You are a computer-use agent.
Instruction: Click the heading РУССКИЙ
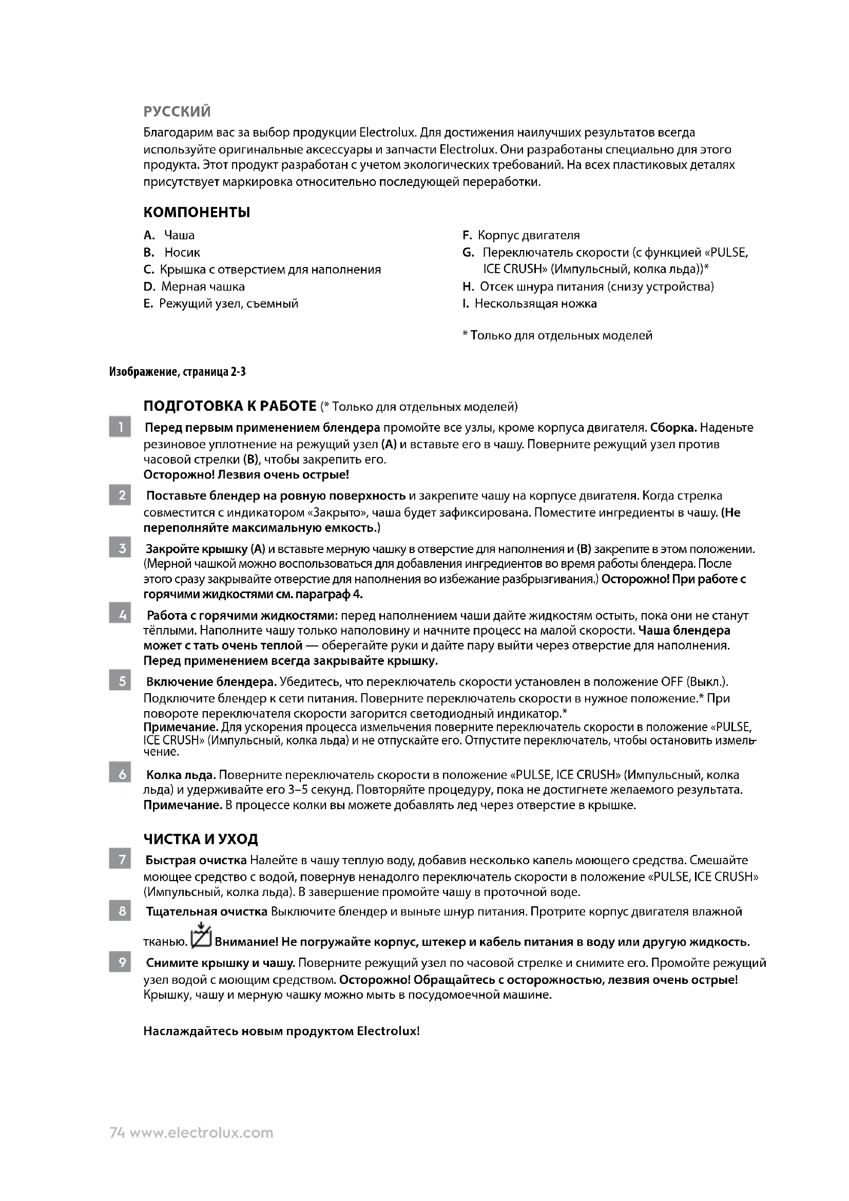(177, 111)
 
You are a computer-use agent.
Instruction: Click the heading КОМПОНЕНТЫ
(197, 213)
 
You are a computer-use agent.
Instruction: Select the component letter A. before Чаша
(149, 235)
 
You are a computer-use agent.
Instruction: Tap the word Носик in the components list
(182, 253)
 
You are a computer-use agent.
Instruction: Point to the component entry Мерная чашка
(203, 287)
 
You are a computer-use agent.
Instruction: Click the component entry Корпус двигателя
(529, 235)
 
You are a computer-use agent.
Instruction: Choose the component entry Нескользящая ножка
(535, 304)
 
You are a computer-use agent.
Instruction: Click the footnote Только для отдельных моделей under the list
(561, 335)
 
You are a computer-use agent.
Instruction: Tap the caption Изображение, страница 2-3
(177, 372)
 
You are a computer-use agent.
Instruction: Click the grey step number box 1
(120, 427)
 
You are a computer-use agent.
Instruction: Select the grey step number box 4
(120, 613)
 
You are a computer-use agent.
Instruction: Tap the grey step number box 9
(120, 962)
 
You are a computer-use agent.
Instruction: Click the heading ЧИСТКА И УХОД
(201, 840)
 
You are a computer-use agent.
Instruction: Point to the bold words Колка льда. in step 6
(181, 775)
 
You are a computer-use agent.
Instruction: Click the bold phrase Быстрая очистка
(196, 861)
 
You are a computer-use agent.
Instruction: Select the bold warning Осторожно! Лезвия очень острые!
(246, 475)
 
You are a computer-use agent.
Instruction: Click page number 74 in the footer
(117, 1133)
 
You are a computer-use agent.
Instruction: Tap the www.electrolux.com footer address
(201, 1133)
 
